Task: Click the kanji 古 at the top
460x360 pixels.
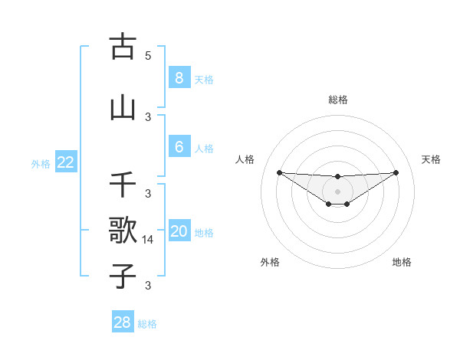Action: (x=123, y=47)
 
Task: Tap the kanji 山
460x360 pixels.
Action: (x=123, y=108)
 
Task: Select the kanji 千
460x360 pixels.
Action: (x=123, y=185)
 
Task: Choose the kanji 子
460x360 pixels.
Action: (x=123, y=276)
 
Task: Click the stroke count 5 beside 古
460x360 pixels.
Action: (x=148, y=56)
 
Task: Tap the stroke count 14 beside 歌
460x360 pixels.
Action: (x=149, y=240)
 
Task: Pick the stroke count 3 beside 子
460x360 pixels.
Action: (x=148, y=286)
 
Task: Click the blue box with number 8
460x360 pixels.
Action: (x=179, y=77)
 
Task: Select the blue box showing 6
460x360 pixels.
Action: (x=179, y=148)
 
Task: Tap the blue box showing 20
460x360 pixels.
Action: (x=179, y=231)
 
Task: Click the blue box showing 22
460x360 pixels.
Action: (x=66, y=162)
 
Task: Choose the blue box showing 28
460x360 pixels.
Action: (x=123, y=322)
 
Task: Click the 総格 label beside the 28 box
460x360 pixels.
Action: (x=147, y=324)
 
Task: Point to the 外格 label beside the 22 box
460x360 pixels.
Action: (x=41, y=164)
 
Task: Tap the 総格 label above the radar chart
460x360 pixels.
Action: (x=337, y=100)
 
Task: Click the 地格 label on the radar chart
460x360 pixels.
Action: (x=402, y=262)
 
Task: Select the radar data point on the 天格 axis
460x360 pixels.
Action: (x=396, y=172)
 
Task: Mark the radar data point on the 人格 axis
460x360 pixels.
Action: (x=279, y=172)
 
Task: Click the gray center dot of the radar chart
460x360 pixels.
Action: (x=337, y=191)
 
